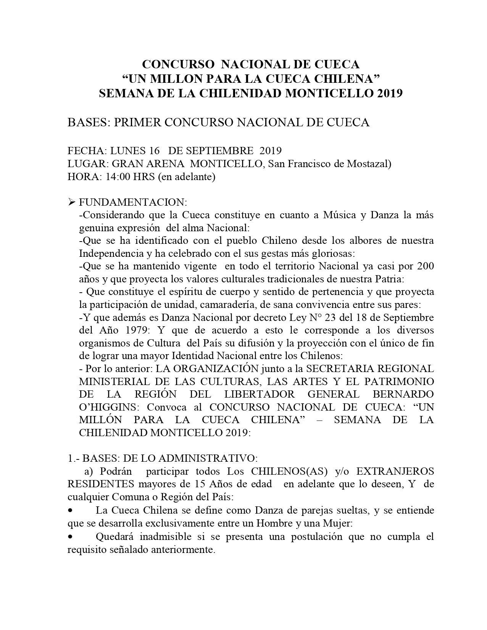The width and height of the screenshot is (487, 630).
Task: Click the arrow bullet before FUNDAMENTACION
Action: (71, 202)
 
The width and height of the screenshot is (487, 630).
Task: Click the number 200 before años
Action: (425, 266)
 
